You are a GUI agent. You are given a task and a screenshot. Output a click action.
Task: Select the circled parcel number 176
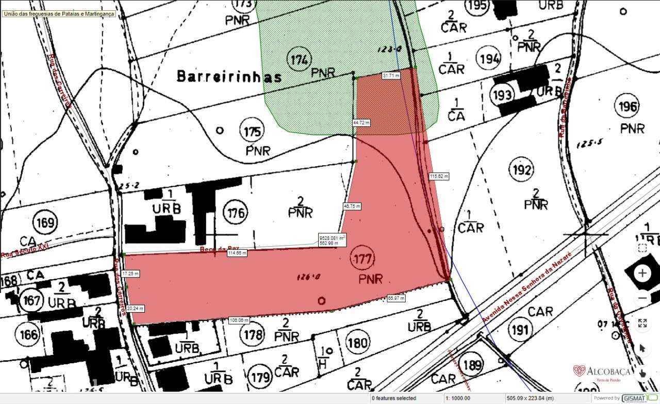236,212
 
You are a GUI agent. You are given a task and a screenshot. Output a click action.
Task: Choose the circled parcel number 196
626,107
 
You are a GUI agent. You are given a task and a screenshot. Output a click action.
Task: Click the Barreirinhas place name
229,77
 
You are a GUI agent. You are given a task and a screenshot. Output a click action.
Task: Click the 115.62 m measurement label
439,176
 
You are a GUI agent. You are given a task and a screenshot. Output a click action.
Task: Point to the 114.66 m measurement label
238,253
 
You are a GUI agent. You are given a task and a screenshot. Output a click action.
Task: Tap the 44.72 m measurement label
361,123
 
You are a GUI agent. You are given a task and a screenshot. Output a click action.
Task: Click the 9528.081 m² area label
332,240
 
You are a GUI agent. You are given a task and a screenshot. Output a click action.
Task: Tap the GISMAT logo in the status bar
639,398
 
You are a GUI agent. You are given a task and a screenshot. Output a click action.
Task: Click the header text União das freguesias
58,14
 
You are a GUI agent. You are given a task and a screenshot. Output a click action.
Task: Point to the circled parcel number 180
357,343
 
